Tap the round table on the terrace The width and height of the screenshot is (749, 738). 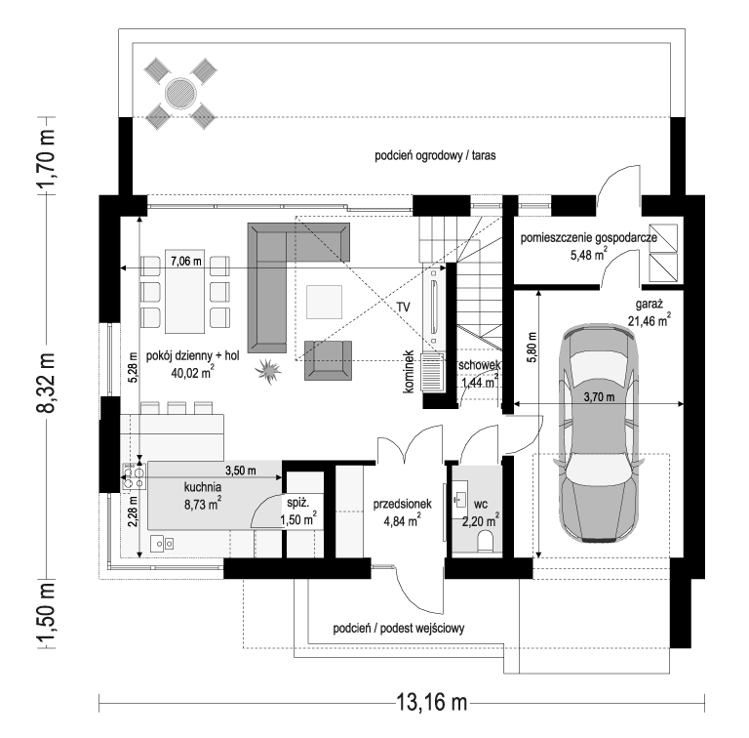tap(180, 93)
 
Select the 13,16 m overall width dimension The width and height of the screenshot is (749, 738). tap(431, 702)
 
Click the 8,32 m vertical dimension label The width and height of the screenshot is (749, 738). tap(48, 383)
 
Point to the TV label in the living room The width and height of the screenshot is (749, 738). tap(403, 307)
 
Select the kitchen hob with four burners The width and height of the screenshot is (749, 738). tap(134, 476)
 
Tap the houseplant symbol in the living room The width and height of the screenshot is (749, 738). tap(267, 371)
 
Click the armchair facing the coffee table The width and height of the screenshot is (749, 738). tap(328, 360)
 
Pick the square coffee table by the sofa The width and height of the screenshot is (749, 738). tap(325, 302)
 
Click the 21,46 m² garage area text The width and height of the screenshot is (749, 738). tap(650, 320)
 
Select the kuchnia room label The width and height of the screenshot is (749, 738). tap(203, 487)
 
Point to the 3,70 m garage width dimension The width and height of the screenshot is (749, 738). tap(599, 397)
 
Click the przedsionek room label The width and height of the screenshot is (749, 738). tap(402, 504)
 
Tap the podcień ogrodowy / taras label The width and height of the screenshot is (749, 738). tap(435, 155)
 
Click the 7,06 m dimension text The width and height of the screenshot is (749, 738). tap(186, 262)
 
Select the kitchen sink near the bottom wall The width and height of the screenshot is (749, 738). tap(162, 543)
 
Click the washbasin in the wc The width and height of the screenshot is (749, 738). tap(460, 501)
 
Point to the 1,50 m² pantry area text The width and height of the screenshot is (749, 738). tap(298, 519)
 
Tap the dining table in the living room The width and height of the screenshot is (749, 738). tap(185, 291)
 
